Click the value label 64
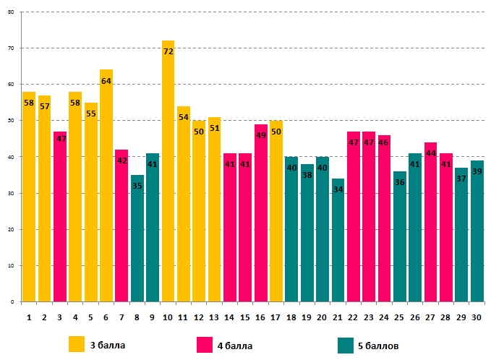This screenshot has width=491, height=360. pyautogui.click(x=106, y=81)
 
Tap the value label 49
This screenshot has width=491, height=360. pyautogui.click(x=260, y=135)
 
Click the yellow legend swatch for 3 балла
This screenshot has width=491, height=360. pyautogui.click(x=77, y=345)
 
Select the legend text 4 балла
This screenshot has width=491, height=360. pyautogui.click(x=235, y=346)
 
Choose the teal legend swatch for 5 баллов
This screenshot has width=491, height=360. pyautogui.click(x=346, y=345)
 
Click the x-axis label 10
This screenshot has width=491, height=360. pyautogui.click(x=168, y=317)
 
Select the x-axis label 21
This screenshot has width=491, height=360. pyautogui.click(x=338, y=317)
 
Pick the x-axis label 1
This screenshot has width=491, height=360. pyautogui.click(x=29, y=317)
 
